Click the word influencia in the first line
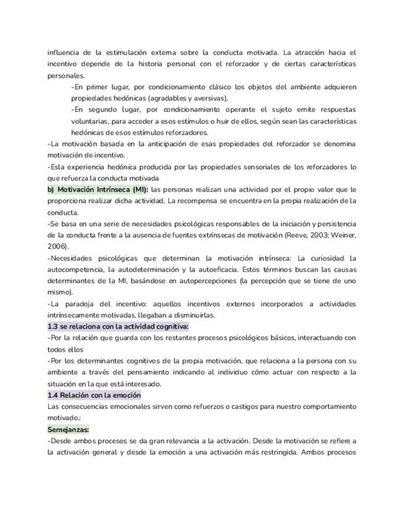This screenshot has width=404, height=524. pyautogui.click(x=64, y=53)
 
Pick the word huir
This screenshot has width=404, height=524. pyautogui.click(x=241, y=121)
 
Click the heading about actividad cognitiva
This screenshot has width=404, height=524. pyautogui.click(x=118, y=326)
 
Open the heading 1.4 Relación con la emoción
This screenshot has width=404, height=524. pyautogui.click(x=94, y=395)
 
